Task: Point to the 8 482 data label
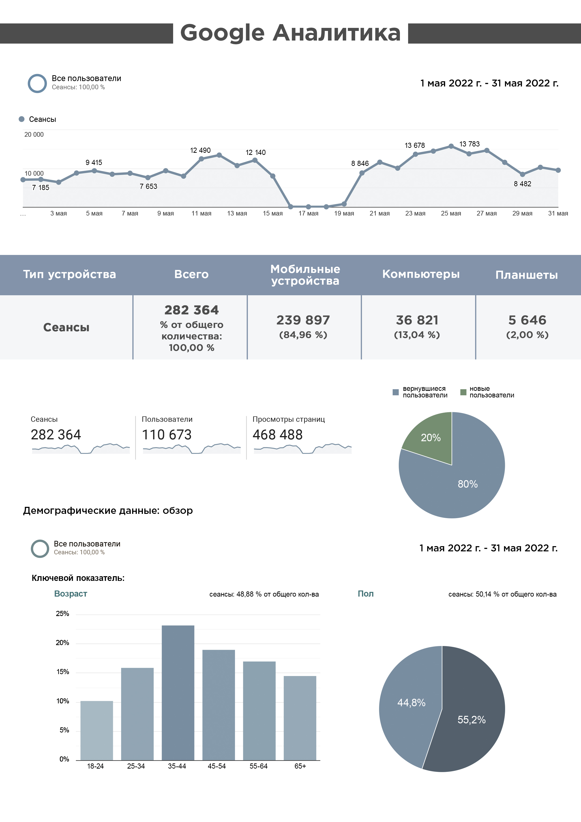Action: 522,184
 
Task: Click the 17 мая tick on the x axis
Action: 308,213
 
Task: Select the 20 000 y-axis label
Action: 34,135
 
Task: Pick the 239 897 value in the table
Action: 303,320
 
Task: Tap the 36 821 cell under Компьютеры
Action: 417,320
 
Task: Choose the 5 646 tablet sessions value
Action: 527,320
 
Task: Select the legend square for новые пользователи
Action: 463,392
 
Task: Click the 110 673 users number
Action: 167,435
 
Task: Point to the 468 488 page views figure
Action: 277,435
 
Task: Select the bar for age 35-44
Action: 178,693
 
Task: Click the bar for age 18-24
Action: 97,730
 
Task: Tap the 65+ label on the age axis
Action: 300,766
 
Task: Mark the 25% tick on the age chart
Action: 62,614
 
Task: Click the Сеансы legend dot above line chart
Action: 22,119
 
